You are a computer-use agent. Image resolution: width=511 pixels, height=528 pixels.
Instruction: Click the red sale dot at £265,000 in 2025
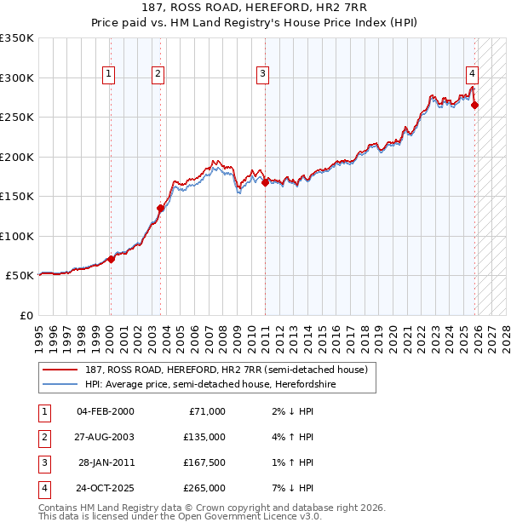tap(475, 106)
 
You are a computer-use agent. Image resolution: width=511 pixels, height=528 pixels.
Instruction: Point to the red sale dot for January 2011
tap(265, 182)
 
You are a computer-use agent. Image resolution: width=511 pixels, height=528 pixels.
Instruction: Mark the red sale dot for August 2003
tap(160, 208)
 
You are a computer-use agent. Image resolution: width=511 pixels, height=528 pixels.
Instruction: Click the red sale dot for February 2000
tap(111, 259)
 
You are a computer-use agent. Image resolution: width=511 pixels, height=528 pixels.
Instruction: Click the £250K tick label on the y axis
tap(17, 118)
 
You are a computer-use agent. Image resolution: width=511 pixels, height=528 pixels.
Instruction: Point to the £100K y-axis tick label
tap(17, 236)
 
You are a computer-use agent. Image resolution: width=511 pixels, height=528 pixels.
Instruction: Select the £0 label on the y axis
tap(25, 315)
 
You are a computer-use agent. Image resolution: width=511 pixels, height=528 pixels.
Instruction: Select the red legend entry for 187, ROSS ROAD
tap(226, 370)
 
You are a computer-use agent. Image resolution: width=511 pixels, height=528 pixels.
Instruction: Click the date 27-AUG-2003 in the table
tap(105, 437)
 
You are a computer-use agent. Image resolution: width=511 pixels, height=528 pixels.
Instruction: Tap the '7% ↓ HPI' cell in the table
tap(295, 488)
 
